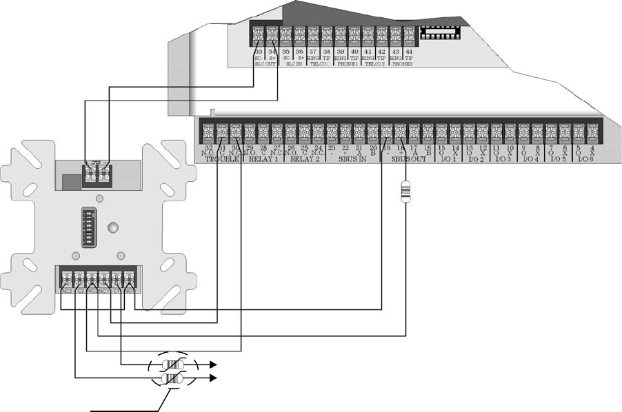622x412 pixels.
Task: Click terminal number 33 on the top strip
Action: pos(259,51)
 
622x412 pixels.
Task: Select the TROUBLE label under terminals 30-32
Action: pos(222,158)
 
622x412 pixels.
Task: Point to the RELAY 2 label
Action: pos(305,158)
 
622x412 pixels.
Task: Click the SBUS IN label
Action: pos(352,158)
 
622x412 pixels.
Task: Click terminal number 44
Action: pos(409,51)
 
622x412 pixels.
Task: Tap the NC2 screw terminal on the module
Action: pos(66,278)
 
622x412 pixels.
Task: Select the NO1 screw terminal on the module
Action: pos(129,278)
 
